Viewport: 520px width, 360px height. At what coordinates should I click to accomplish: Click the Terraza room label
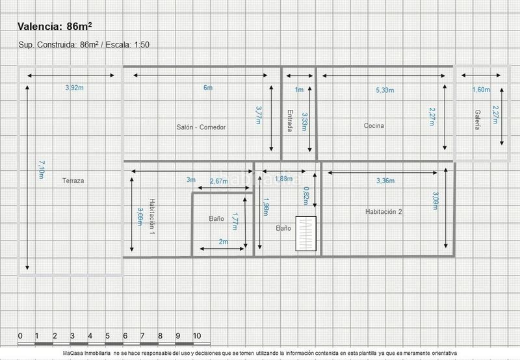(x=73, y=181)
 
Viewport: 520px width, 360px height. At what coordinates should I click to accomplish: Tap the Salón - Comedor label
(x=201, y=127)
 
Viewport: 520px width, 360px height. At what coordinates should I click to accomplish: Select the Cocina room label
(x=374, y=125)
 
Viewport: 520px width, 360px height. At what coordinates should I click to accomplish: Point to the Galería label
(x=477, y=120)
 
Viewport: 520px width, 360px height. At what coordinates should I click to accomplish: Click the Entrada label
(x=289, y=121)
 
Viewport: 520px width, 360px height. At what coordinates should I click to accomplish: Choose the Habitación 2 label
(x=383, y=211)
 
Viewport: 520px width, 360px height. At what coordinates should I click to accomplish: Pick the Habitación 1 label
(x=152, y=216)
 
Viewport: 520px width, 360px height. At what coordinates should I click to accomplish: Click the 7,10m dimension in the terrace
(x=42, y=170)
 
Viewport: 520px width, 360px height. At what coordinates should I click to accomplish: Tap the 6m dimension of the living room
(x=208, y=88)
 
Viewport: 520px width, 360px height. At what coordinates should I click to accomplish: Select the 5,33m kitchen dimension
(x=385, y=90)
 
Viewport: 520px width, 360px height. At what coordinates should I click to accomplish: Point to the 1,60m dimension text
(x=481, y=90)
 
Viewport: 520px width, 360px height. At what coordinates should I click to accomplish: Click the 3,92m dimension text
(x=75, y=88)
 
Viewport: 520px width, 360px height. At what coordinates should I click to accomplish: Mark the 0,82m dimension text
(x=305, y=196)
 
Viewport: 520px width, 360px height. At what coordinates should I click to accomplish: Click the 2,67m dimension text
(x=219, y=181)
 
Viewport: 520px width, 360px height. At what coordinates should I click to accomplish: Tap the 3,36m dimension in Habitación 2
(x=385, y=181)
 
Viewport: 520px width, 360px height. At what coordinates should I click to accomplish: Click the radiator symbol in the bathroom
(x=305, y=233)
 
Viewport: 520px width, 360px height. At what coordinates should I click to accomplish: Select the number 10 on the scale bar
(x=197, y=336)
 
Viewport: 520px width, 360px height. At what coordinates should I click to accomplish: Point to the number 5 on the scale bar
(x=107, y=336)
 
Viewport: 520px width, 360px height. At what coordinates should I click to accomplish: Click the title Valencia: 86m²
(x=55, y=26)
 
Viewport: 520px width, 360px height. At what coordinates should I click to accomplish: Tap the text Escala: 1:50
(x=127, y=44)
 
